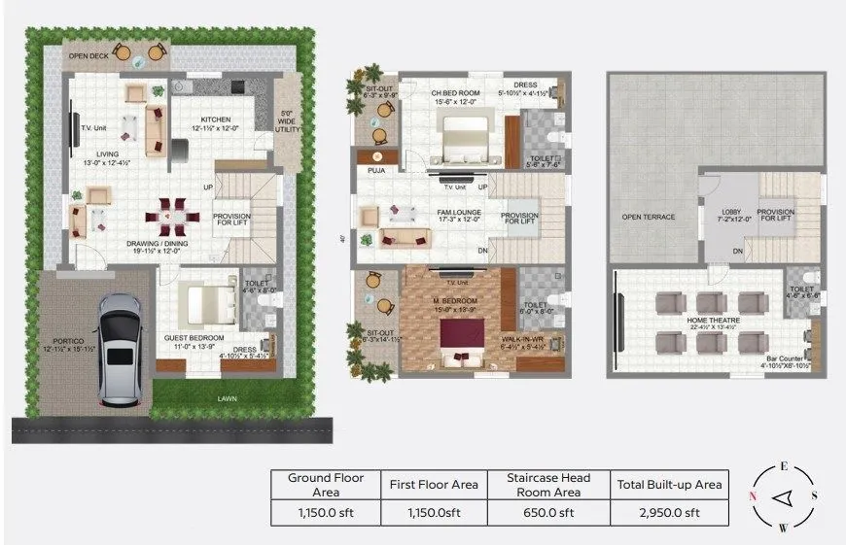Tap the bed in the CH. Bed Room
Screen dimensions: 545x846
click(453, 137)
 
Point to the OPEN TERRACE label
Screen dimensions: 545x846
click(648, 217)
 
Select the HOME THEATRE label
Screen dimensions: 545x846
click(713, 320)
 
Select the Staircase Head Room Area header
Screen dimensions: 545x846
click(547, 484)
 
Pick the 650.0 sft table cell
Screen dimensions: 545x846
click(547, 513)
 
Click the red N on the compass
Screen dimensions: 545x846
click(754, 497)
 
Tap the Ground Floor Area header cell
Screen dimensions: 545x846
click(325, 484)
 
